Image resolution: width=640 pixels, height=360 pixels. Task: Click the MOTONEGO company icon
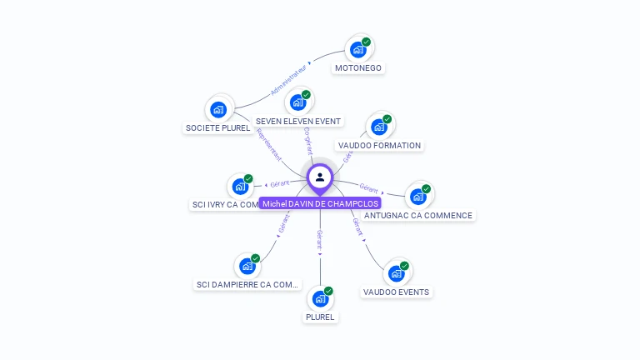[x=358, y=50]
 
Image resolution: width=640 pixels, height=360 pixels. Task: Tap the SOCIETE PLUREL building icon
[x=218, y=110]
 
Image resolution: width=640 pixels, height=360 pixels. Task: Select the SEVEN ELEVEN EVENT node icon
[x=297, y=103]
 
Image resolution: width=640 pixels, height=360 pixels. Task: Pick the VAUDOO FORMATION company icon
[x=379, y=127]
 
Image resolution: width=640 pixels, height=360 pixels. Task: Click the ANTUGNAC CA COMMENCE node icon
[x=417, y=197]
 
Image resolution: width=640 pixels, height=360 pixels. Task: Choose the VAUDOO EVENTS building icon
[x=396, y=273]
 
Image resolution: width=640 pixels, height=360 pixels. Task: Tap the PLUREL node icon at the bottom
[x=320, y=299]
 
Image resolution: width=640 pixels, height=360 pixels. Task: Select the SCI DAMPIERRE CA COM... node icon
[x=247, y=266]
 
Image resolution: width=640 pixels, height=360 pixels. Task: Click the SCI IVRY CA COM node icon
[x=240, y=186]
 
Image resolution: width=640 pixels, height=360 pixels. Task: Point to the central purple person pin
[x=320, y=177]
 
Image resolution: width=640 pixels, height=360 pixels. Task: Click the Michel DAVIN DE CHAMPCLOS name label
[x=320, y=203]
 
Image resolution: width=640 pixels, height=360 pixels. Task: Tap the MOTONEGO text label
[x=358, y=68]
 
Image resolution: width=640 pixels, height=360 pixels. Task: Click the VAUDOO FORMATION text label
[x=379, y=145]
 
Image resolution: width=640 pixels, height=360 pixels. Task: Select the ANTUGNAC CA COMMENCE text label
[x=418, y=215]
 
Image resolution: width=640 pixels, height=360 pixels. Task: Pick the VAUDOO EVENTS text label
[x=397, y=292]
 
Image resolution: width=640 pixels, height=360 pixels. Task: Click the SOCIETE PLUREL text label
[x=217, y=128]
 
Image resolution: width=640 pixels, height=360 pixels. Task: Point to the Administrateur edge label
[x=288, y=80]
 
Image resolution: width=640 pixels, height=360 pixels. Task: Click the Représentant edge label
[x=268, y=144]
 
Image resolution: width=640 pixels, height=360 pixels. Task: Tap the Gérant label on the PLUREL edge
[x=320, y=241]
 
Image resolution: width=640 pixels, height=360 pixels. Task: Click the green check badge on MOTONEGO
[x=366, y=42]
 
